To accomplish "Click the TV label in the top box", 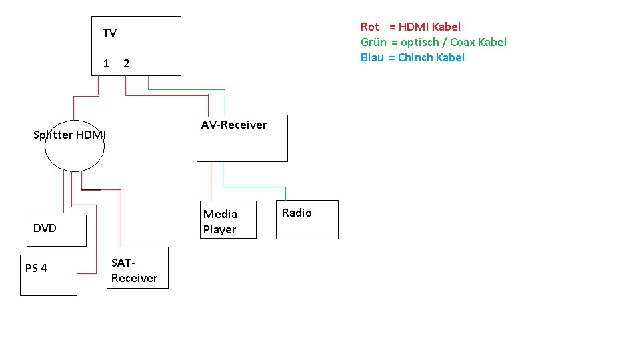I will (x=109, y=33).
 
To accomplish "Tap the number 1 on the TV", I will (x=106, y=63).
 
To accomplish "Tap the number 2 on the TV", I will (x=126, y=63).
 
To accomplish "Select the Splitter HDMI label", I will (x=69, y=135).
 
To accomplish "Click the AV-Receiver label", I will (x=233, y=125).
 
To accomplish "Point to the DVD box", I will (x=56, y=230).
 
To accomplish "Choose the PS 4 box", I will (x=48, y=275).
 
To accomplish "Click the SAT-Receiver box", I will (x=137, y=268).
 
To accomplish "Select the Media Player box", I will (x=228, y=219).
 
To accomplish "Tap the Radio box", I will (x=307, y=219).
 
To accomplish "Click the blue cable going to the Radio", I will (x=253, y=187).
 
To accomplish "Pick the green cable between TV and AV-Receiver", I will (x=187, y=89).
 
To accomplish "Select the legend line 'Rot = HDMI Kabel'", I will (x=410, y=27).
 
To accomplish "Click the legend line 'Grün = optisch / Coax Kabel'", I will (x=433, y=42).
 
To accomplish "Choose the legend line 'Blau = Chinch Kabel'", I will (x=412, y=57).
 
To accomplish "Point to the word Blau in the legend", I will (x=372, y=57).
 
